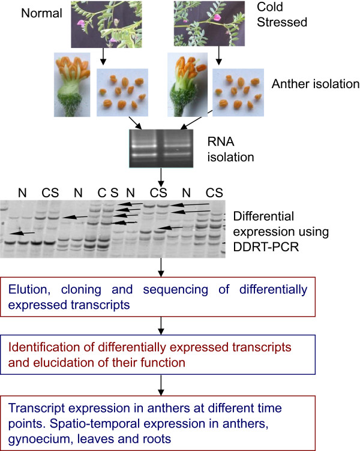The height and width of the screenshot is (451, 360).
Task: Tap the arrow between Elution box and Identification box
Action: coord(160,324)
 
